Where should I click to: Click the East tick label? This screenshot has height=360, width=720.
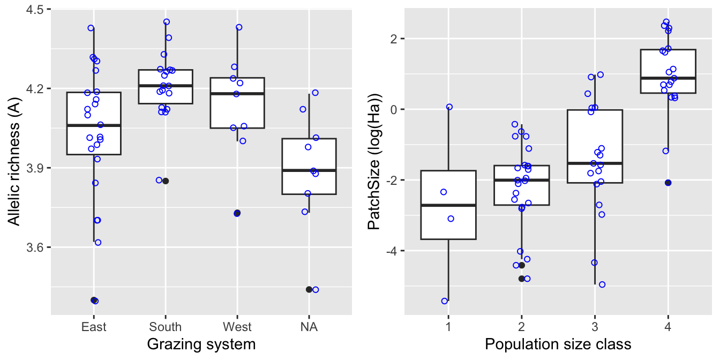(x=94, y=327)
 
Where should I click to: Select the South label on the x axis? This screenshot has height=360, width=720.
(x=166, y=327)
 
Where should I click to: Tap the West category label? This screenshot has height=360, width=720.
(x=237, y=327)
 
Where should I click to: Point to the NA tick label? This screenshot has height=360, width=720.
(x=309, y=327)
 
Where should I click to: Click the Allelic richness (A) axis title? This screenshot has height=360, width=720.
(x=15, y=161)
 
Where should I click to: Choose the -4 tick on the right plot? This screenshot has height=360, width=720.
(x=390, y=251)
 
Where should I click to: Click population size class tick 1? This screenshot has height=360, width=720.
(x=448, y=327)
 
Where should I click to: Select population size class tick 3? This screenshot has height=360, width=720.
(x=594, y=327)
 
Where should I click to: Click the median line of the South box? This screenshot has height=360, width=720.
(x=166, y=86)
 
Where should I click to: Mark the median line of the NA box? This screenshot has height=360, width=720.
(x=309, y=170)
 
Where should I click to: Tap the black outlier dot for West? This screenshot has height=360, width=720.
(x=237, y=213)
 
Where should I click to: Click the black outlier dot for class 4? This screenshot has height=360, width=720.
(x=668, y=183)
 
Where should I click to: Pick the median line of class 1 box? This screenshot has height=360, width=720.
(x=448, y=205)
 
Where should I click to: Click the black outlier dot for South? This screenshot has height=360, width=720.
(x=166, y=181)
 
